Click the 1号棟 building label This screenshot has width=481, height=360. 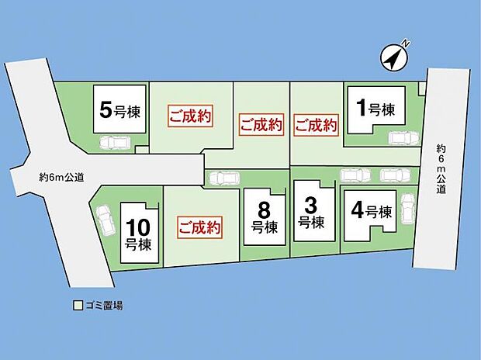(x=375, y=107)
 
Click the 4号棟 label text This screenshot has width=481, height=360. (x=369, y=210)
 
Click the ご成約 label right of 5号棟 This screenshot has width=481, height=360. (x=189, y=119)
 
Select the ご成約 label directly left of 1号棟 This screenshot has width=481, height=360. (x=317, y=124)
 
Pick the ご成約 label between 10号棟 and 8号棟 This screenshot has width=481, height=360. (x=199, y=228)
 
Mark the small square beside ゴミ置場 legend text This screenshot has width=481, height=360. (x=78, y=306)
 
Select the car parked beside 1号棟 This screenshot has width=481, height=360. (x=399, y=138)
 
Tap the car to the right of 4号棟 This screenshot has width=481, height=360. (x=407, y=209)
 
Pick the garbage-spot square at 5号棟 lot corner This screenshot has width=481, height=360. (x=141, y=149)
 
